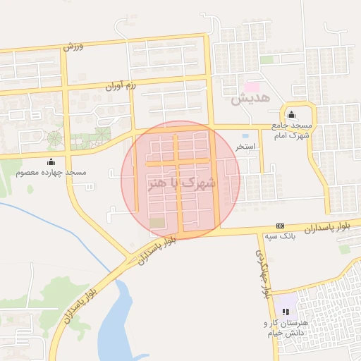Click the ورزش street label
(x=73, y=47)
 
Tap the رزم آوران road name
(x=120, y=87)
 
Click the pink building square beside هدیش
(x=251, y=85)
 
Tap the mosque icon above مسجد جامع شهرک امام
(x=292, y=116)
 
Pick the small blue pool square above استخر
(x=245, y=135)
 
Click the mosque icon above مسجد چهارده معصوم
(x=51, y=161)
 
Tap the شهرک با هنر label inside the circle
(x=180, y=183)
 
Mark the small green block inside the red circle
(x=155, y=223)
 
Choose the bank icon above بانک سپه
(x=281, y=226)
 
